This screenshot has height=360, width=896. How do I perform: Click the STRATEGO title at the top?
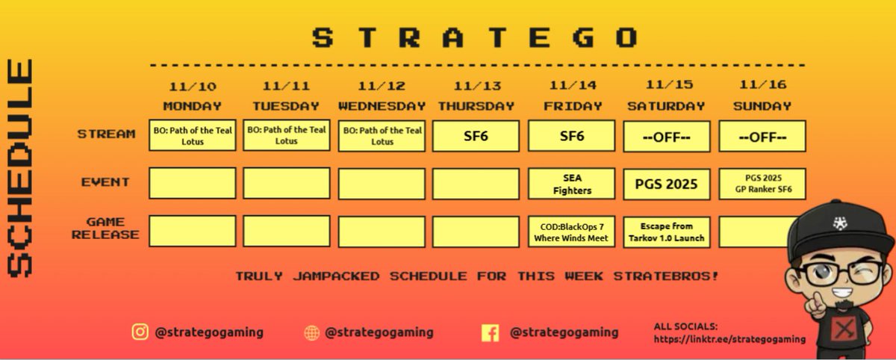[x=476, y=37]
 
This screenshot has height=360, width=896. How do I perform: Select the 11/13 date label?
[x=476, y=85]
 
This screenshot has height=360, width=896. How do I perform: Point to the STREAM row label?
[x=106, y=134]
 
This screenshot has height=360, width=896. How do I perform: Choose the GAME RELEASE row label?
[x=106, y=229]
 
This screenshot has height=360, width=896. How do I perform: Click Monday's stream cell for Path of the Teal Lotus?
[x=193, y=136]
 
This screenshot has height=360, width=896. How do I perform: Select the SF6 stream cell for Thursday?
[x=476, y=136]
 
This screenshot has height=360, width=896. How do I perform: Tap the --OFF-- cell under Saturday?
[x=666, y=137]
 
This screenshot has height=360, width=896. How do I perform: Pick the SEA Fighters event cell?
[x=571, y=184]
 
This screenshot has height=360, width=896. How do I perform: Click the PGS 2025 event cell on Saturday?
[x=666, y=184]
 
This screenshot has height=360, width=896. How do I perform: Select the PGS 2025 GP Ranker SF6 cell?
[x=762, y=184]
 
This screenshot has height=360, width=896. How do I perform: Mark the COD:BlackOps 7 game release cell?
[x=571, y=232]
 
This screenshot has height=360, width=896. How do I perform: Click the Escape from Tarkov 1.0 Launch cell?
[x=666, y=232]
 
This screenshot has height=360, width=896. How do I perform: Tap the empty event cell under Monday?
[x=193, y=184]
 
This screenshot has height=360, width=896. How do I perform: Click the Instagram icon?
[x=140, y=332]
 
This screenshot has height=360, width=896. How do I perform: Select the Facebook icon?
[x=490, y=332]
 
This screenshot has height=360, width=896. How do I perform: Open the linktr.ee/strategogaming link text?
[x=729, y=339]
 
